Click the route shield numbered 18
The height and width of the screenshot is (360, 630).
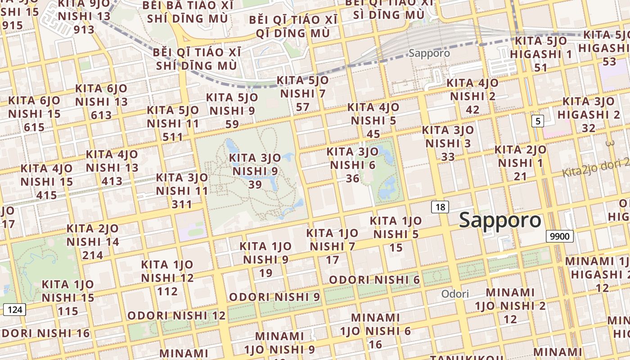tap(440, 207)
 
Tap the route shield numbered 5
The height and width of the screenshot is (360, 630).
tap(537, 121)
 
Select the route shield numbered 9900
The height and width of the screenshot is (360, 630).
tap(560, 236)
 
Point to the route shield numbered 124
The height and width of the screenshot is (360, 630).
tap(15, 310)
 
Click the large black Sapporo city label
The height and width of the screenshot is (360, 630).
tap(500, 220)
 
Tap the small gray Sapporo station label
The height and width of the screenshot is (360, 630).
tap(429, 53)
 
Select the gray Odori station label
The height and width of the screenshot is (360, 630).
tap(455, 294)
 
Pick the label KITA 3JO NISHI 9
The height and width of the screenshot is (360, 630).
tap(255, 171)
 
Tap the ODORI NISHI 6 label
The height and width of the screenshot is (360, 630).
tap(374, 280)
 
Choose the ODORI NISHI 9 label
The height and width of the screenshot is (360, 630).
tap(274, 297)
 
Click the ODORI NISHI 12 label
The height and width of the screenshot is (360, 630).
tap(176, 315)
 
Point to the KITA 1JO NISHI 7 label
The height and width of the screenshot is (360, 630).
tap(332, 246)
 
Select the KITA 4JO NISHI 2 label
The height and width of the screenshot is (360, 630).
tap(472, 96)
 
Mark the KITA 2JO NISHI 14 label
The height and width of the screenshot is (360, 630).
tap(93, 242)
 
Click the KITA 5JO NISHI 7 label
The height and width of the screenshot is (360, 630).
tap(302, 94)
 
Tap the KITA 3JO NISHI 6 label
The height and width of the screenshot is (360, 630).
tap(353, 165)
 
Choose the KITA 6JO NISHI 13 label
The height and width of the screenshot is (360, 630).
tap(101, 102)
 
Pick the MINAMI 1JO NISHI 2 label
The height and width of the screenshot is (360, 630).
tap(510, 306)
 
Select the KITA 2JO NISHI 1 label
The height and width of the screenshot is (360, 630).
tap(520, 162)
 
